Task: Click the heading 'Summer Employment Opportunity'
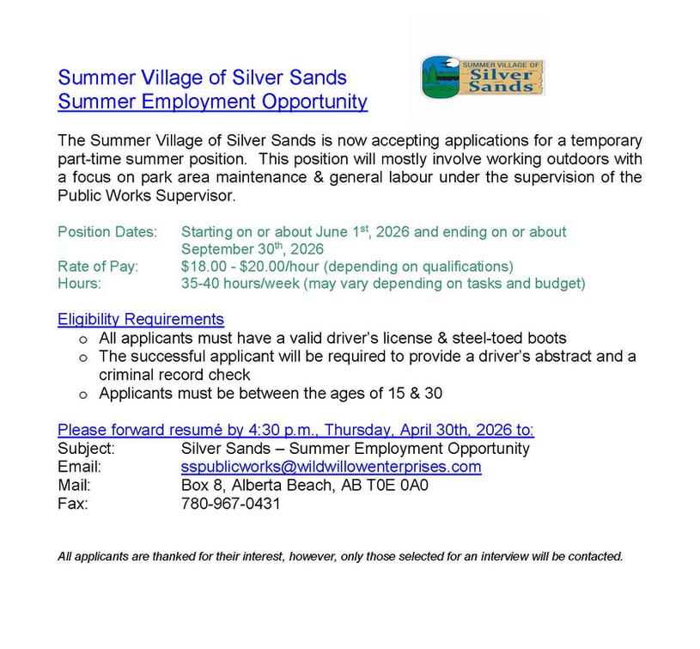(212, 102)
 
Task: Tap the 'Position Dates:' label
(107, 232)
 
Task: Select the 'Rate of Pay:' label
(98, 266)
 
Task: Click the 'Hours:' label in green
(79, 283)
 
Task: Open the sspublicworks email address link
(331, 467)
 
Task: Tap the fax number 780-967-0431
(230, 504)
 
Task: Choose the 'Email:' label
(79, 467)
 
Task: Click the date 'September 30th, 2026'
(253, 249)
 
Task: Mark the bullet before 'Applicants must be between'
(83, 395)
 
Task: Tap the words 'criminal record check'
(174, 375)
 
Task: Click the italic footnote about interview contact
(340, 556)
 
